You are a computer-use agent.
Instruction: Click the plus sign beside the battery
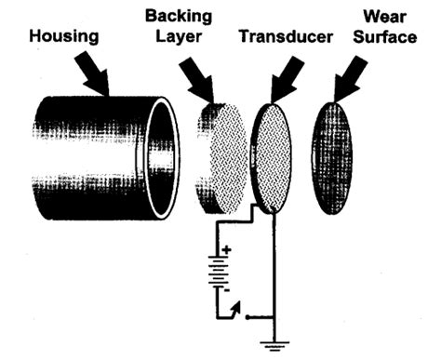click(225, 249)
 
